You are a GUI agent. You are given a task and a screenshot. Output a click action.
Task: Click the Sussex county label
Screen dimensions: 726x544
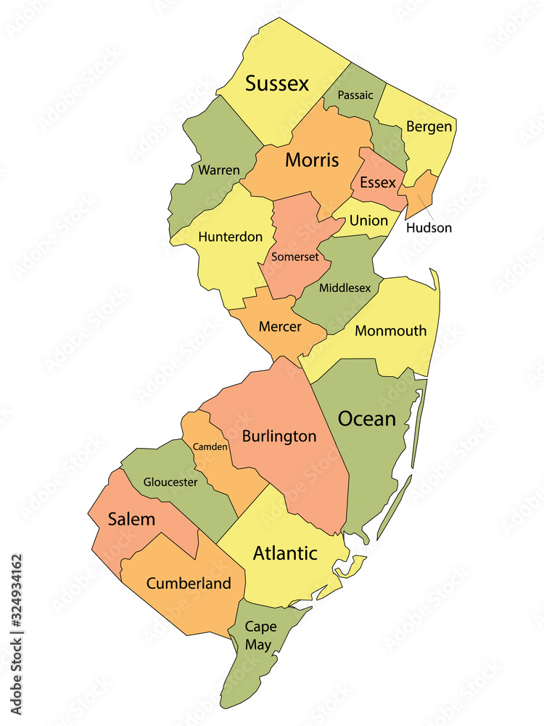277,83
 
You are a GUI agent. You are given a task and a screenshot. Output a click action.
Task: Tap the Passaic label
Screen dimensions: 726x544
355,95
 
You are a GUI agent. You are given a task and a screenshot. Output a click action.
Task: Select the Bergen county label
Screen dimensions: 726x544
429,127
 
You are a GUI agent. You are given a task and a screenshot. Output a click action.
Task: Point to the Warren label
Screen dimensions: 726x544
219,170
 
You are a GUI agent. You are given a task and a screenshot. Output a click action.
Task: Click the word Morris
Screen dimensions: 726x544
312,160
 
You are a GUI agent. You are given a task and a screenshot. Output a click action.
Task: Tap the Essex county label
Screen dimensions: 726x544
378,182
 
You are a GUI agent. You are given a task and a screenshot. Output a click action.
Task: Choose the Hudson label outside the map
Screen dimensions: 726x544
429,228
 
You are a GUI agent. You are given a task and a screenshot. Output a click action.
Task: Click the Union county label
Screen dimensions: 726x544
368,221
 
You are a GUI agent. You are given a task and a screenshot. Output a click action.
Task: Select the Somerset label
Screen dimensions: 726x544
295,256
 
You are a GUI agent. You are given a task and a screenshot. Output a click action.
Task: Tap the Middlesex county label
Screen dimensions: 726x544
345,288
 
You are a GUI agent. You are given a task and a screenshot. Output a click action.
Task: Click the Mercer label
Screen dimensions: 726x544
280,327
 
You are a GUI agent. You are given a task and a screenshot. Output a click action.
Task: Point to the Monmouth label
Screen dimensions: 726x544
391,331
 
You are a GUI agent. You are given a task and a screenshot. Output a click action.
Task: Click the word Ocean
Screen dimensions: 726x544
368,419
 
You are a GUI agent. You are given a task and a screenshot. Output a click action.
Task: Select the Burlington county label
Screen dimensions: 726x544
279,436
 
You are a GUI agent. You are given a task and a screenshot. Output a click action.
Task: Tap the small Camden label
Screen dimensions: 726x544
210,446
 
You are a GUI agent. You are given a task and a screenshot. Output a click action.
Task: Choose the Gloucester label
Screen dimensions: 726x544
170,482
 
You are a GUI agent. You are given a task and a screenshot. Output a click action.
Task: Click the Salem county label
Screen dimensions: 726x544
131,519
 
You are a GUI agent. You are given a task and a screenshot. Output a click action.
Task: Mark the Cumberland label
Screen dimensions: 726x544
189,583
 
